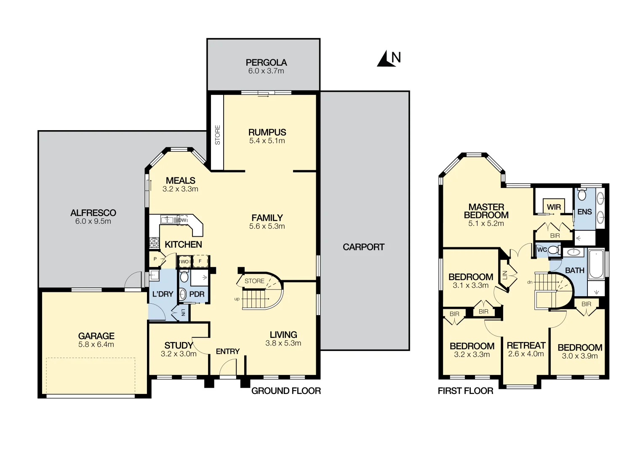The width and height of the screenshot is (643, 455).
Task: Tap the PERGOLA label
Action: (266, 63)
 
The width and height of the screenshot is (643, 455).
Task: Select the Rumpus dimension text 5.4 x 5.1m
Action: (267, 141)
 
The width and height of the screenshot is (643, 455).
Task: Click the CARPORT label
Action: (363, 247)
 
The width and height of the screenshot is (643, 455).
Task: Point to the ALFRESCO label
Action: (93, 213)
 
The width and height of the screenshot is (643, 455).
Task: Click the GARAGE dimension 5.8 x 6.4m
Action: (96, 344)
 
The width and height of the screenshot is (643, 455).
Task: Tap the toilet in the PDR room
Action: (184, 277)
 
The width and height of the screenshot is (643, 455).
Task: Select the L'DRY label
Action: (163, 294)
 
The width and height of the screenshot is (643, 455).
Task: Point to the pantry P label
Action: (155, 259)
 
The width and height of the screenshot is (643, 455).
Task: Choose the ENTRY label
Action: (227, 351)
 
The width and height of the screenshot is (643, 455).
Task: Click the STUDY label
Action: (179, 345)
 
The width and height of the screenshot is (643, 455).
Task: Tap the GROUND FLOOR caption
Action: (286, 391)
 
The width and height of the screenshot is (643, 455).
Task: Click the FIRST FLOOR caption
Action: (465, 391)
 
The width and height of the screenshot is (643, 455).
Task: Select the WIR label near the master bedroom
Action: (554, 207)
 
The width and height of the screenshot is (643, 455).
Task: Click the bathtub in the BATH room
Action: (596, 265)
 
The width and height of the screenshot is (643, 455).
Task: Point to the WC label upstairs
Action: (542, 250)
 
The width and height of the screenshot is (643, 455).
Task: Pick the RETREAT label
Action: (526, 345)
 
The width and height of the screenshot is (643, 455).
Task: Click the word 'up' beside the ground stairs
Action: (237, 299)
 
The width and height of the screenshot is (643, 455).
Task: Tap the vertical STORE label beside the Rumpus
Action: (218, 135)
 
